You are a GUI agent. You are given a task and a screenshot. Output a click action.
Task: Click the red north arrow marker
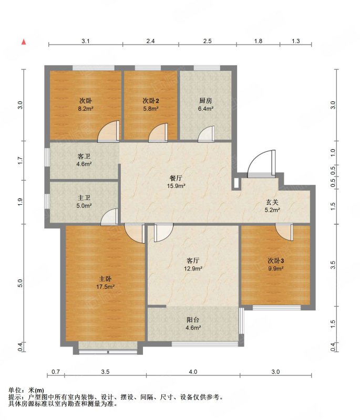coord(24,42)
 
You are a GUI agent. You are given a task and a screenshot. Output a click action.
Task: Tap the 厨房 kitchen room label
coord(205,101)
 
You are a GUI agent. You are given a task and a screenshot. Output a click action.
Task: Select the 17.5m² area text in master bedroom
coord(105,287)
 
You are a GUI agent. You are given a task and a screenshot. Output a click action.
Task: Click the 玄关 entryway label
coord(272,202)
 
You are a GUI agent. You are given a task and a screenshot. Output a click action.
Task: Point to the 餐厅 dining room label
coord(176,178)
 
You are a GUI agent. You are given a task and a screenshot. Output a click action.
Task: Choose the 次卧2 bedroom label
coord(151,101)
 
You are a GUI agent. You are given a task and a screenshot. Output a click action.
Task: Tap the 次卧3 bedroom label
coord(276,260)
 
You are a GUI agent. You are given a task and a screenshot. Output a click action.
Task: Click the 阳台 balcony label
coord(193,320)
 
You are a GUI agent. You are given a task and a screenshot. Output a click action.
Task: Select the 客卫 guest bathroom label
coord(84,156)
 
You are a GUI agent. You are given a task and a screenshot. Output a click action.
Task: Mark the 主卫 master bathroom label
coord(84,198)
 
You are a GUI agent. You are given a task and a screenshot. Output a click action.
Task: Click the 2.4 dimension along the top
coord(151,41)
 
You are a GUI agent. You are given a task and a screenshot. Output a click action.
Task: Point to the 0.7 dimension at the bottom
coord(56,372)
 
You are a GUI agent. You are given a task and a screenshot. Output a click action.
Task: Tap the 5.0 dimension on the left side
coord(20,283)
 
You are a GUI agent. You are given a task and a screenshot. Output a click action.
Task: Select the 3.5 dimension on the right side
coord(333,265)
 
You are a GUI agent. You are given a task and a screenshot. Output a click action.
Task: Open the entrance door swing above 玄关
coord(261,163)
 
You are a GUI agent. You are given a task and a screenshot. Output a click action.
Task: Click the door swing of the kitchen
coord(206,134)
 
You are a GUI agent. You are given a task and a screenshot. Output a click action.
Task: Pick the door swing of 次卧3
coord(284,232)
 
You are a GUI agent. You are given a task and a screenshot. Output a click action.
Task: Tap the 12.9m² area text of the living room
coord(193,268)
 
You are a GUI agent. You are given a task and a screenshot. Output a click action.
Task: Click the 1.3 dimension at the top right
coord(296,41)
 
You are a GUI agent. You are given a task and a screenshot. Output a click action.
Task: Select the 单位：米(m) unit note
coord(26,390)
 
